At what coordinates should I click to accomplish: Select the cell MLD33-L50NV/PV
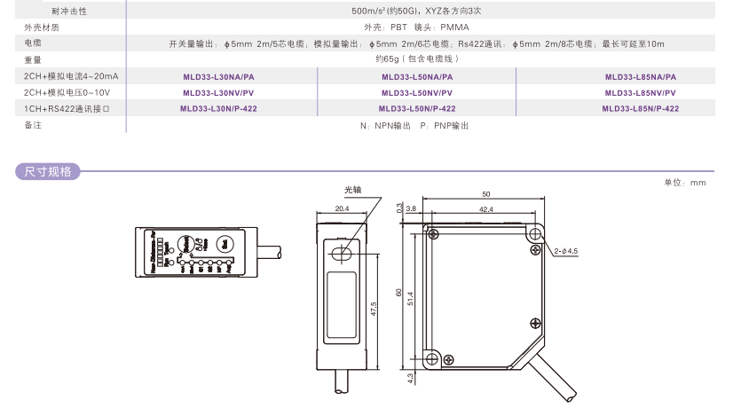pos(416,93)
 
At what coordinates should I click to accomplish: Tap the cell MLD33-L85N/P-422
pos(640,109)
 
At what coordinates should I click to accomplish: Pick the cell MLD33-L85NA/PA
pos(640,77)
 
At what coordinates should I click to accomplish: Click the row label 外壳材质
pos(42,27)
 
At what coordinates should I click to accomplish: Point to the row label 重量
pos(33,59)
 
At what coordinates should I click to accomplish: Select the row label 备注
pos(33,126)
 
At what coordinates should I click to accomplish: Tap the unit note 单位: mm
pos(684,182)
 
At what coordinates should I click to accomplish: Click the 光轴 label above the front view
pos(353,190)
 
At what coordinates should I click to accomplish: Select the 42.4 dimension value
pos(485,210)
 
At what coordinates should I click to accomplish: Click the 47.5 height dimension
pos(374,308)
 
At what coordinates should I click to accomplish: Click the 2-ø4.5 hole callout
pos(566,251)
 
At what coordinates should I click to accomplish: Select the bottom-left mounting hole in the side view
pos(433,358)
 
